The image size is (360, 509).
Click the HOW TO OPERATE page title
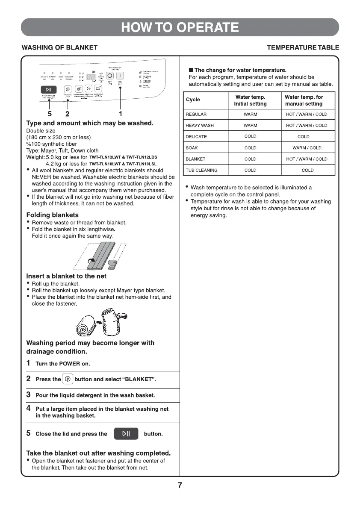click(180, 27)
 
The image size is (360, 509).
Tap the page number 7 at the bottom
click(180, 485)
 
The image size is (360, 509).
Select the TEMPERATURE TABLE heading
click(303, 47)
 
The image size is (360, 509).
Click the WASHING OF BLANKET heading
click(59, 47)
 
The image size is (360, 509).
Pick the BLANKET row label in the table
click(195, 159)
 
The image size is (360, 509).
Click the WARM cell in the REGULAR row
click(250, 115)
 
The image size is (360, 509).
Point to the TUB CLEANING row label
click(201, 170)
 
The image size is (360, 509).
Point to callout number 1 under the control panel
click(121, 114)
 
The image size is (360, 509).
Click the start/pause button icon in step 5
click(126, 433)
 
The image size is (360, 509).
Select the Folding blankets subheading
click(53, 215)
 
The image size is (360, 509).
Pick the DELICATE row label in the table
click(196, 137)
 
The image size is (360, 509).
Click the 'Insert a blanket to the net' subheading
click(66, 276)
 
